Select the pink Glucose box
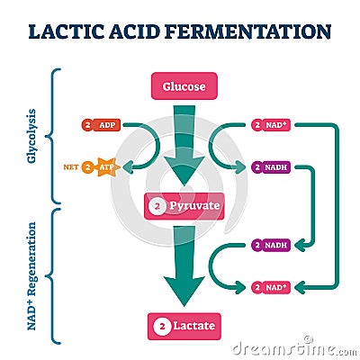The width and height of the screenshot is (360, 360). coord(184,87)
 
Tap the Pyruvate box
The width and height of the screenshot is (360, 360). coord(184,206)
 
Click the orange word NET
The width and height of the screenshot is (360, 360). coord(71,166)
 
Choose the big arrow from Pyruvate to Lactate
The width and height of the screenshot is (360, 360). coord(184,265)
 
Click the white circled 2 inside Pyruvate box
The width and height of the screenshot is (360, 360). coord(157,206)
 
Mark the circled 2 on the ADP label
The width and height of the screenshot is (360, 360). coord(88,125)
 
